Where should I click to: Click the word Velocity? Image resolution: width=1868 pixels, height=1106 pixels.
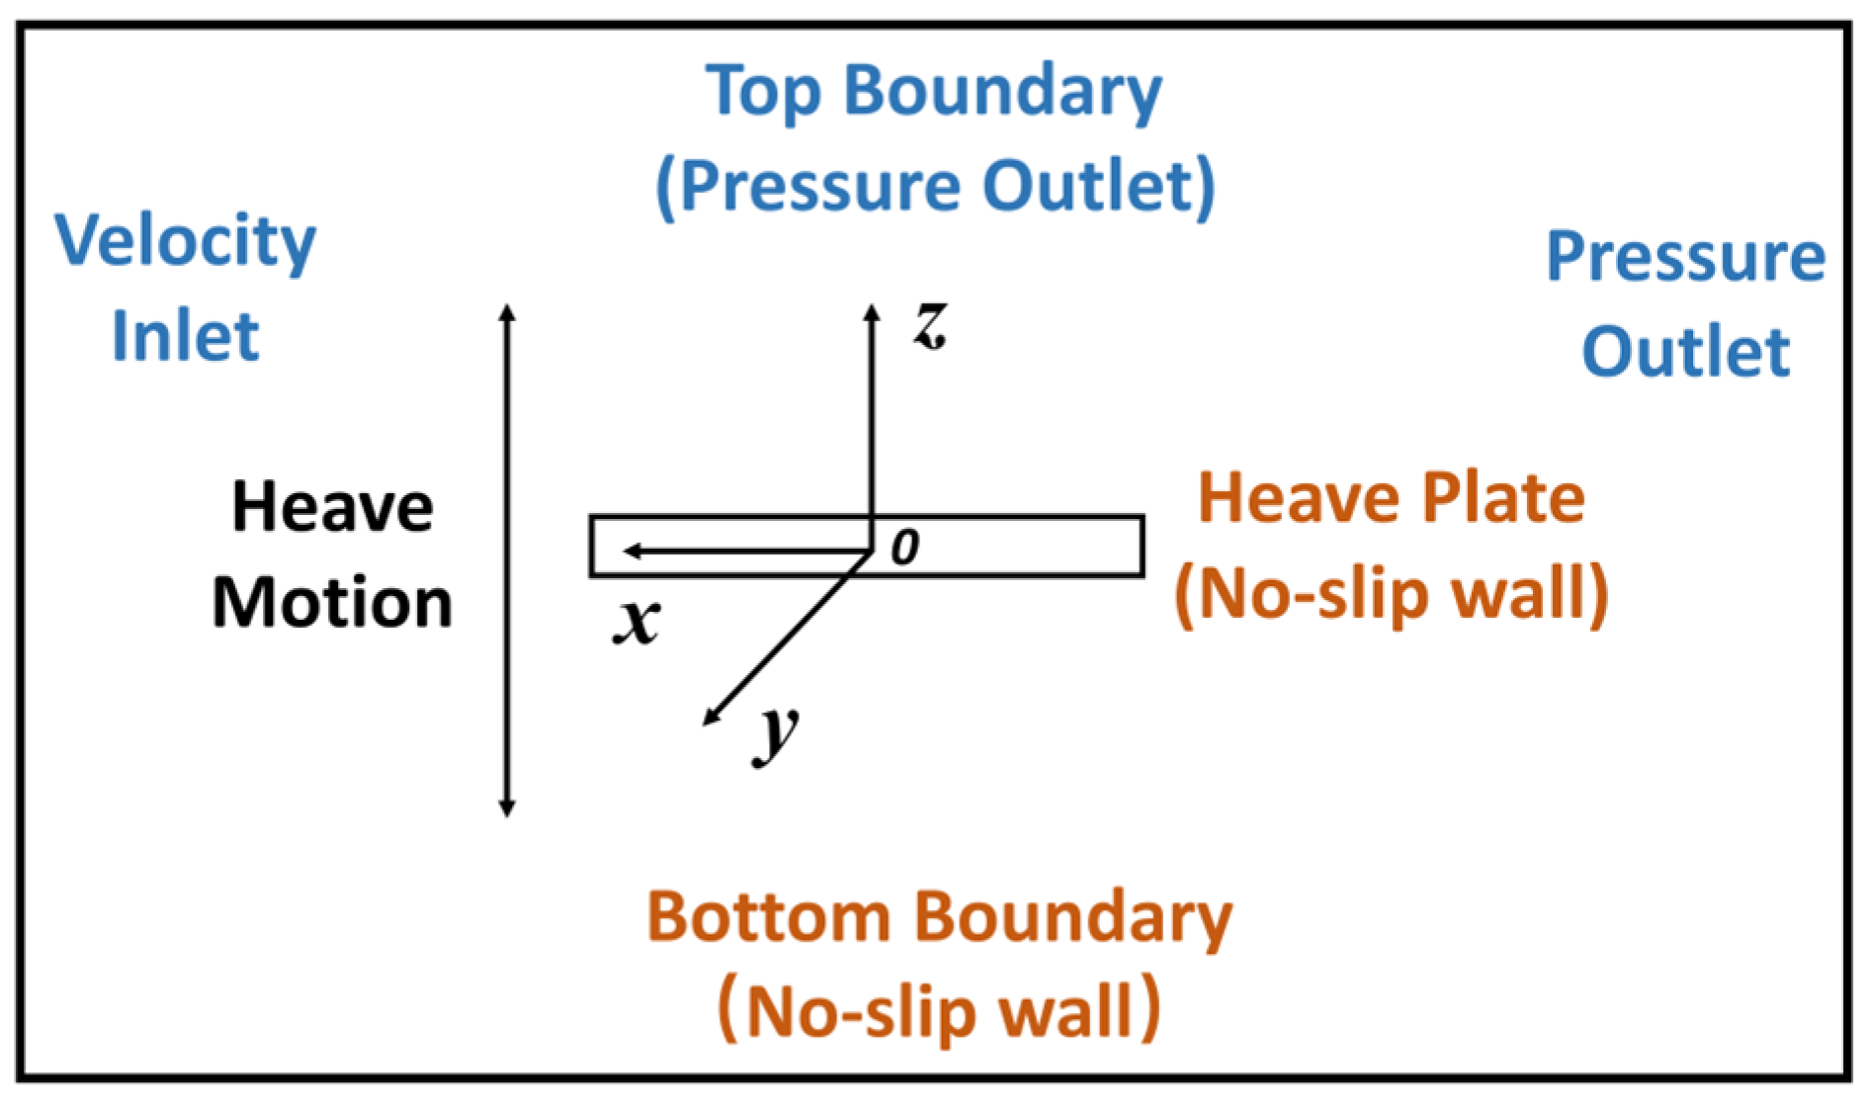pyautogui.click(x=185, y=241)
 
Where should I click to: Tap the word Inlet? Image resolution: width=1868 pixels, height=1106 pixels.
pyautogui.click(x=185, y=336)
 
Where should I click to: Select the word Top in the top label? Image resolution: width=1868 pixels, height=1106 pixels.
pyautogui.click(x=762, y=92)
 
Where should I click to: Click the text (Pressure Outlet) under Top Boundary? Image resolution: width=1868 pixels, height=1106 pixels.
pyautogui.click(x=935, y=186)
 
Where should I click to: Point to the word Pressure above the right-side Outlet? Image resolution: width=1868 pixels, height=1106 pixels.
pyautogui.click(x=1685, y=257)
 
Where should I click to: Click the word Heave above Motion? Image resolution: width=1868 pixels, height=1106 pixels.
pyautogui.click(x=332, y=508)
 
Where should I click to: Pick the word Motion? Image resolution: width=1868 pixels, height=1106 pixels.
pyautogui.click(x=332, y=603)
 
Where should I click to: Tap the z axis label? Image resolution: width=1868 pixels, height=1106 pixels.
pyautogui.click(x=930, y=324)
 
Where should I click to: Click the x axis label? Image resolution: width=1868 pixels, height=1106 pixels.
pyautogui.click(x=636, y=622)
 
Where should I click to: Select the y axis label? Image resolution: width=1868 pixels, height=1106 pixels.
pyautogui.click(x=777, y=733)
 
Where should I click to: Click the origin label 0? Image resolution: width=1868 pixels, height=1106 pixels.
pyautogui.click(x=904, y=547)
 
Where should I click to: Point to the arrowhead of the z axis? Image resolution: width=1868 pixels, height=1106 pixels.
pyautogui.click(x=871, y=311)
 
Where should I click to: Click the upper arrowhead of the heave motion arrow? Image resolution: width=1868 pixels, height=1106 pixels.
pyautogui.click(x=507, y=312)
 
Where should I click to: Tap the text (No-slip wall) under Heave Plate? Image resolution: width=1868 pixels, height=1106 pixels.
pyautogui.click(x=1392, y=594)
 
